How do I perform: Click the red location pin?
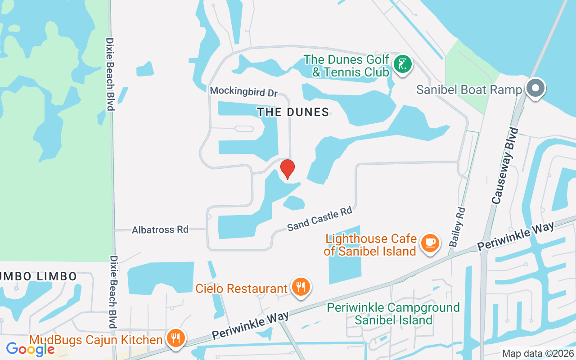point(288,169)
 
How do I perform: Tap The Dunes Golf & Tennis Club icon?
point(403,64)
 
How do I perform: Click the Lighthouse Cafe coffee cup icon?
point(430,243)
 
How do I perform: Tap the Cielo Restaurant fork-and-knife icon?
point(301,287)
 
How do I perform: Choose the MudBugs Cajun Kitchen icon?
point(175,338)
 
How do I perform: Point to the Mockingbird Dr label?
point(244,91)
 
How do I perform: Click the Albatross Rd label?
point(160,229)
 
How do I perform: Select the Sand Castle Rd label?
point(319,219)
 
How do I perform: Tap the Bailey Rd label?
point(457,226)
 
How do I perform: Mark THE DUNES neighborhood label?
point(293,112)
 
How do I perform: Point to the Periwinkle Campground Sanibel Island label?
point(393,314)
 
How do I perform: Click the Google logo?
point(30,349)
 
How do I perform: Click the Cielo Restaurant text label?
point(242,288)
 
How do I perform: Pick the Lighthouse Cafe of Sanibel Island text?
point(370,244)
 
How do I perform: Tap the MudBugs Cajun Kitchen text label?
point(96,340)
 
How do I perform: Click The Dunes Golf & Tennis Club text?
point(346,65)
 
